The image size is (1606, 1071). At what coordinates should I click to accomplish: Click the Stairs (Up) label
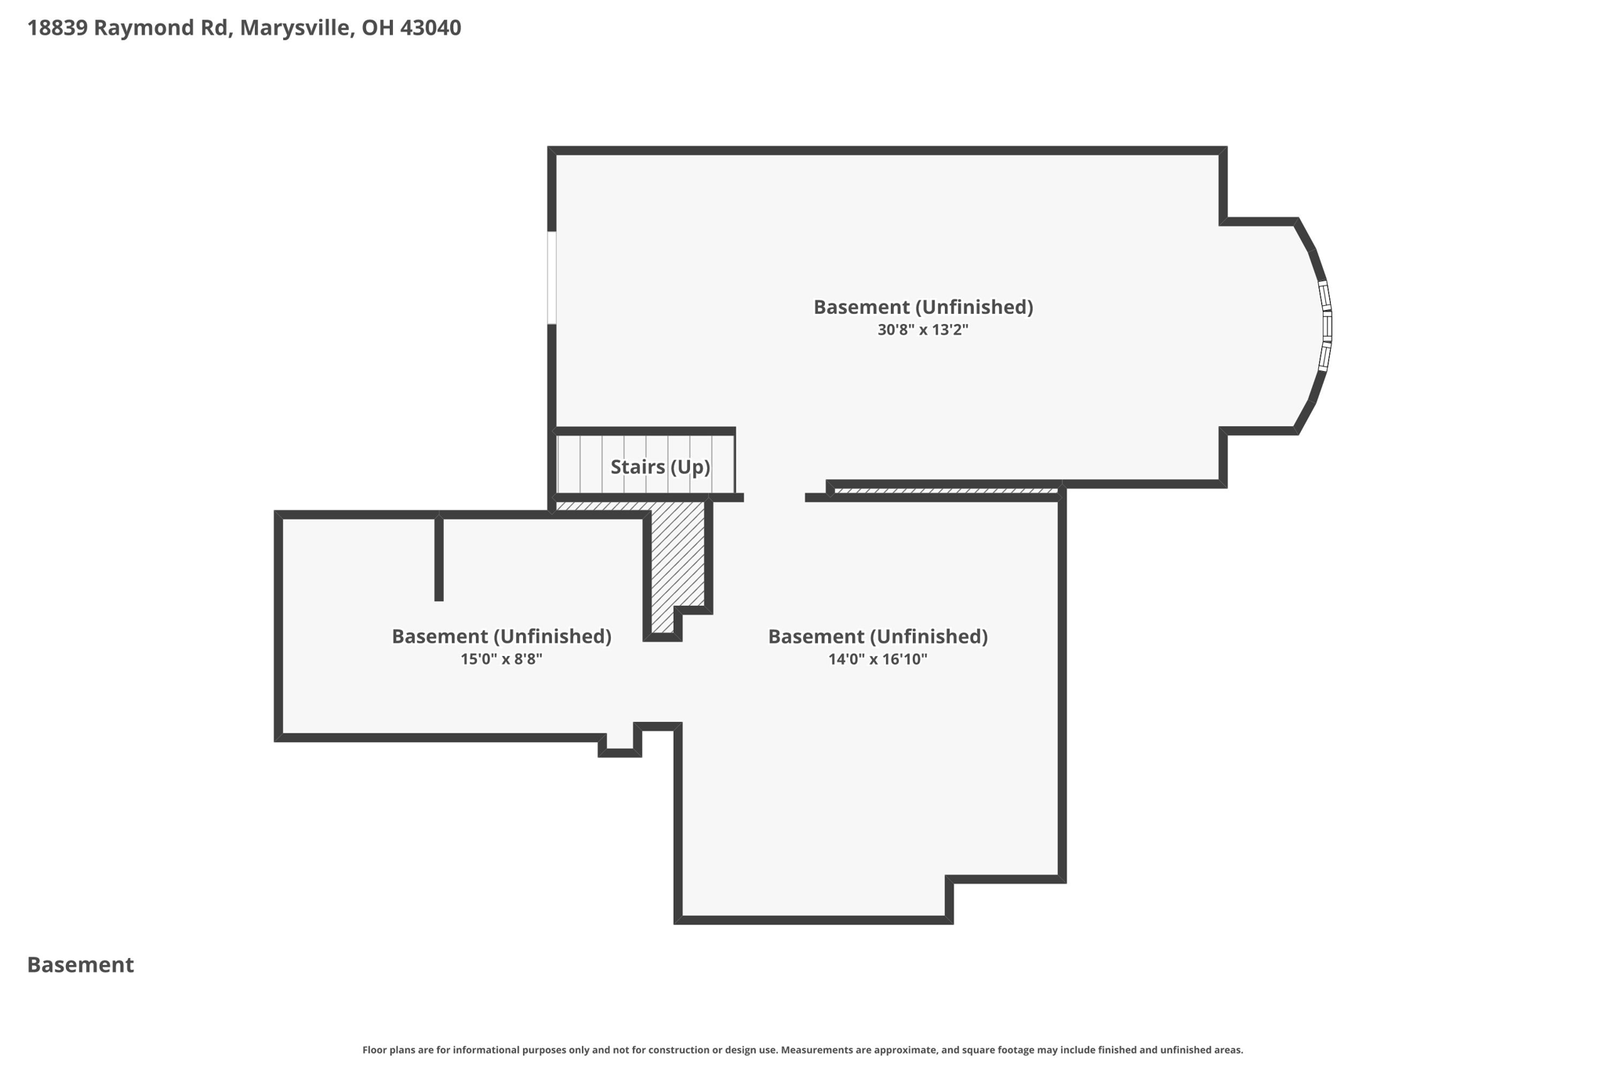tap(659, 467)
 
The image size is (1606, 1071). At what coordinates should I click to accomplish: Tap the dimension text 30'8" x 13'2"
tap(922, 330)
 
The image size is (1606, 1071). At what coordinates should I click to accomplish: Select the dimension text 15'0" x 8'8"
tap(501, 659)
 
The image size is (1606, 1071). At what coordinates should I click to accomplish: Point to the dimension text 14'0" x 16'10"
tap(877, 659)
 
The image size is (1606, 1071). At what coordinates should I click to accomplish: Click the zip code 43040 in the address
tap(431, 27)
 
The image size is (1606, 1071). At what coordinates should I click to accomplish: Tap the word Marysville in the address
tap(296, 27)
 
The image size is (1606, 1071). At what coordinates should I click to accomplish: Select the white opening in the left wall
tap(552, 277)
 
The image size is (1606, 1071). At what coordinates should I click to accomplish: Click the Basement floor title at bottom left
tap(80, 965)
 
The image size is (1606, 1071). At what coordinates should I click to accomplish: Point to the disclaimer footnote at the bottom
tap(802, 1050)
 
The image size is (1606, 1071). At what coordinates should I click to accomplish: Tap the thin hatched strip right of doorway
tap(945, 491)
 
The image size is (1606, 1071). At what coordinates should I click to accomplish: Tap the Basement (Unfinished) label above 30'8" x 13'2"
tap(922, 307)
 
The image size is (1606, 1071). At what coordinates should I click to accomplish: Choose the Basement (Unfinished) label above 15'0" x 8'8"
tap(501, 636)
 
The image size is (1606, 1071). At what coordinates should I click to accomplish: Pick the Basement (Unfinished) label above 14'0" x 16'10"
tap(877, 636)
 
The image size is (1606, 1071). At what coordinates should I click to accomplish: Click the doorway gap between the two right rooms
tap(774, 497)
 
